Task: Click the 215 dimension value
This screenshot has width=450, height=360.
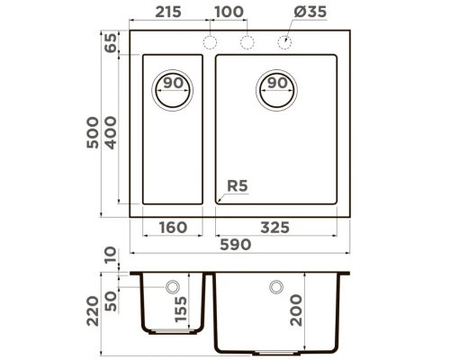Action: click(167, 12)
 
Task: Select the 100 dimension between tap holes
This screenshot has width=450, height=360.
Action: click(229, 12)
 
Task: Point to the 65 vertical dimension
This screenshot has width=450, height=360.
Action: click(111, 43)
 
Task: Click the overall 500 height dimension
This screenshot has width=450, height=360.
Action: click(90, 126)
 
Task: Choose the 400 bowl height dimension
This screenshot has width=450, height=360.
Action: click(111, 130)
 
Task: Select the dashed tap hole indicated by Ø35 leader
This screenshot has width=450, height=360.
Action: click(284, 41)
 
